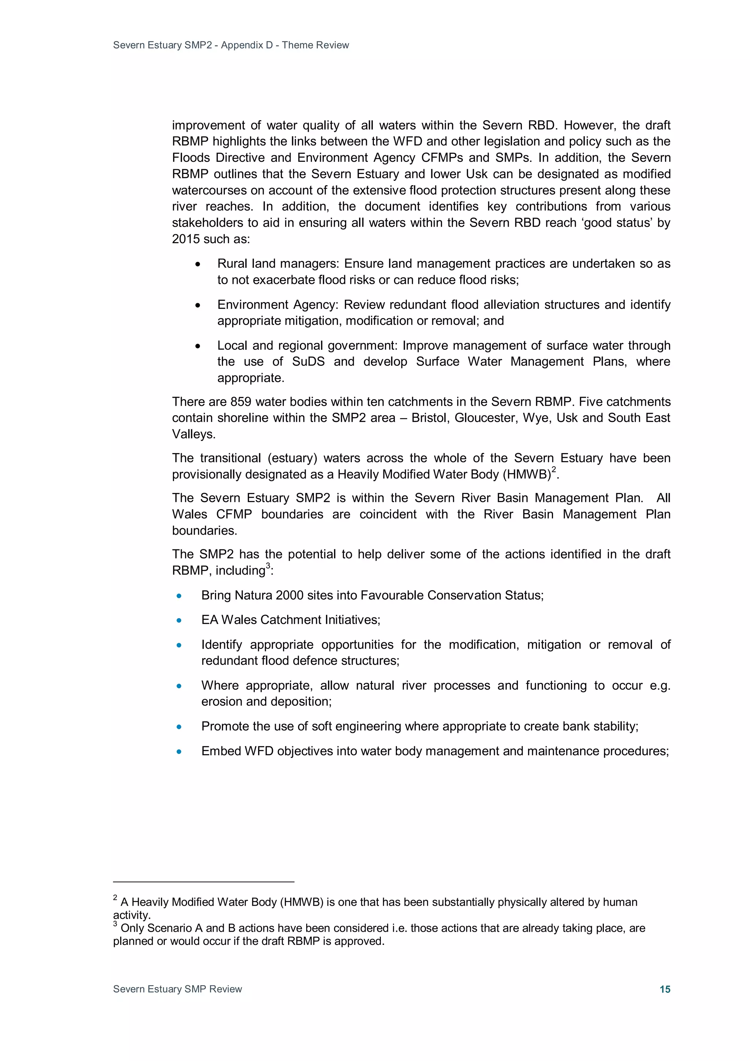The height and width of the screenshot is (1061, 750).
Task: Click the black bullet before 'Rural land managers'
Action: pos(198,264)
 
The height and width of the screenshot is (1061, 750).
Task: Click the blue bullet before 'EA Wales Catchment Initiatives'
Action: pos(179,621)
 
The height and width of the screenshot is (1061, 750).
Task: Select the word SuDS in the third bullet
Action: pos(308,361)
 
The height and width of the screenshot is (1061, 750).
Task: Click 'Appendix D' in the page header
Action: pos(247,45)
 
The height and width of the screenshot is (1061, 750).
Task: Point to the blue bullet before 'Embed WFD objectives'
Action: pos(179,752)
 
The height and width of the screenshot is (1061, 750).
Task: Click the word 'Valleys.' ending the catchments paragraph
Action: pos(194,434)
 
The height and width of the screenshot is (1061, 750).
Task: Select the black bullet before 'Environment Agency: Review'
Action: pos(198,305)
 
